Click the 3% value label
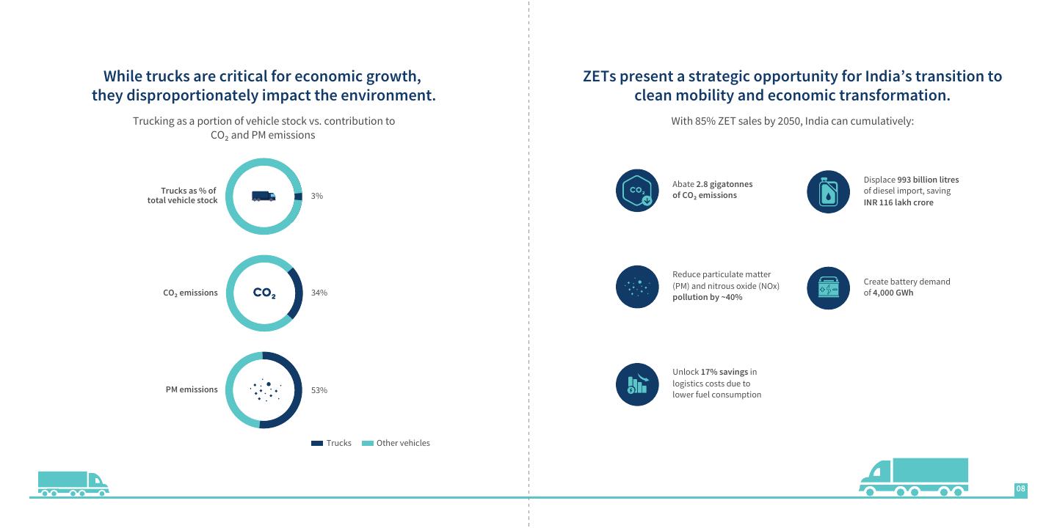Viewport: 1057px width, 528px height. [x=316, y=196]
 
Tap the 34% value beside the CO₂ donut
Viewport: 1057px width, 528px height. [x=319, y=293]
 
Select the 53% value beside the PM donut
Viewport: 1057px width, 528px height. [x=319, y=390]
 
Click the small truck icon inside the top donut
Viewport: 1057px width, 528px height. [x=264, y=197]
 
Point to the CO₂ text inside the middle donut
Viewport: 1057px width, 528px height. [x=264, y=293]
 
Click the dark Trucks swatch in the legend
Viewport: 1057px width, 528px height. [x=317, y=443]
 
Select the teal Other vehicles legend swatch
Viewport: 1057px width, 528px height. [x=368, y=443]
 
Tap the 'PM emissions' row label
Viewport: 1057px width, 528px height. [x=192, y=389]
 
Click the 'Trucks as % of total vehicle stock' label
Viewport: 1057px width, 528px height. [x=182, y=196]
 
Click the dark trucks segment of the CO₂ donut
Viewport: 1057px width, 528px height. [x=296, y=293]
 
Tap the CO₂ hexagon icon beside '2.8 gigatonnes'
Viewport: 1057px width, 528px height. [x=637, y=191]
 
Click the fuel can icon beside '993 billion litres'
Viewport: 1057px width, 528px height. [x=828, y=192]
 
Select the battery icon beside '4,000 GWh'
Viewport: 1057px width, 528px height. [x=828, y=287]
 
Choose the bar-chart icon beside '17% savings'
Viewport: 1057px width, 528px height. [x=637, y=384]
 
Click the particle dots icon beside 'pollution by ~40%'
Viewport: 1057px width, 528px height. [x=637, y=287]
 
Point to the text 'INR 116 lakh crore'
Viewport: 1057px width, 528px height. [x=898, y=202]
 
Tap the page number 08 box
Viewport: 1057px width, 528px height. [x=1020, y=489]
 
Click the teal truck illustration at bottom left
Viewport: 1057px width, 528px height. [x=73, y=484]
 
